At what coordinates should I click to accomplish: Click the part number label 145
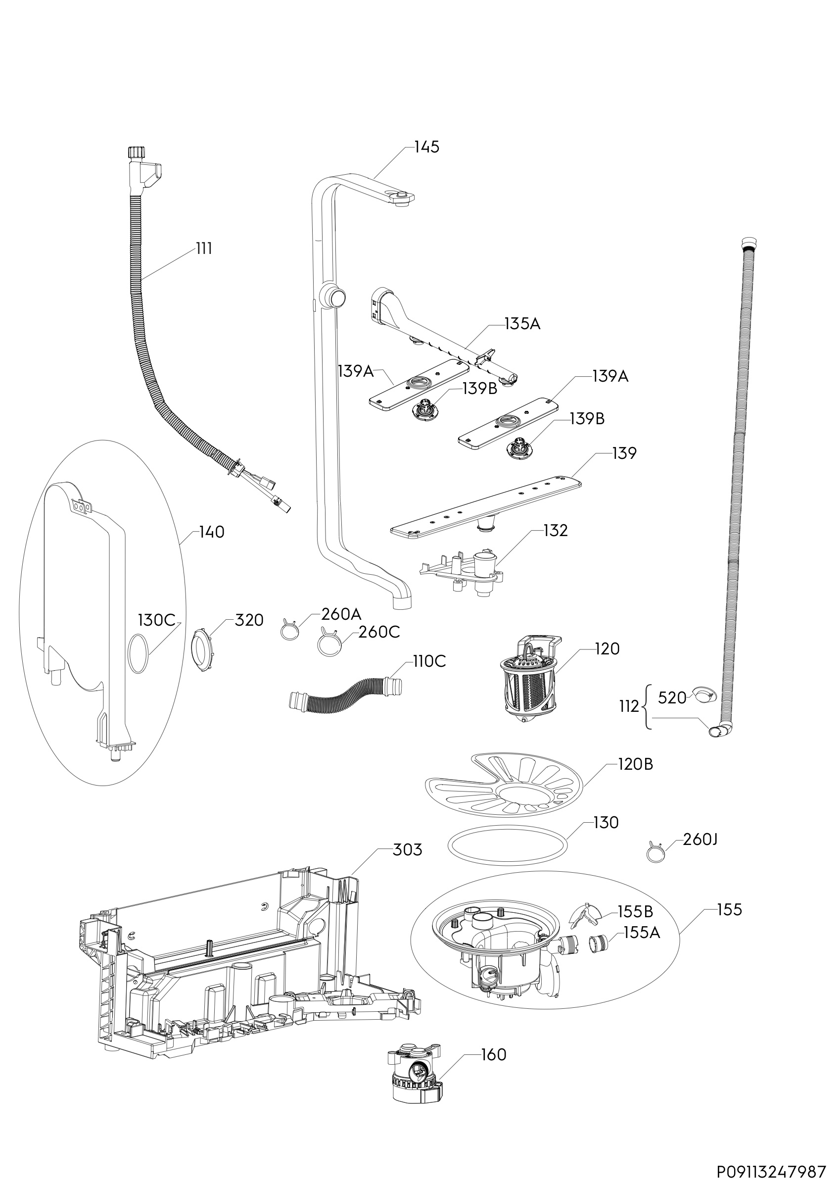click(x=426, y=147)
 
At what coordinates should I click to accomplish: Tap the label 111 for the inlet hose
click(x=204, y=249)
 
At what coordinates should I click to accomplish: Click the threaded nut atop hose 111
click(x=135, y=153)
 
